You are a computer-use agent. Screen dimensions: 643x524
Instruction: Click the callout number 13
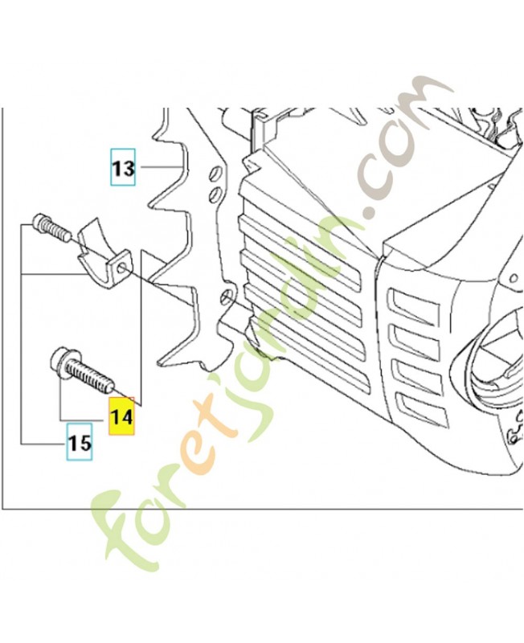point(123,170)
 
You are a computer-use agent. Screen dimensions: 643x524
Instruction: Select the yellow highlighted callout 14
point(122,418)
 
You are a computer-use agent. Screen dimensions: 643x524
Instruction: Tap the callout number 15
point(79,443)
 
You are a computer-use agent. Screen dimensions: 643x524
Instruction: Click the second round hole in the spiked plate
point(215,195)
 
